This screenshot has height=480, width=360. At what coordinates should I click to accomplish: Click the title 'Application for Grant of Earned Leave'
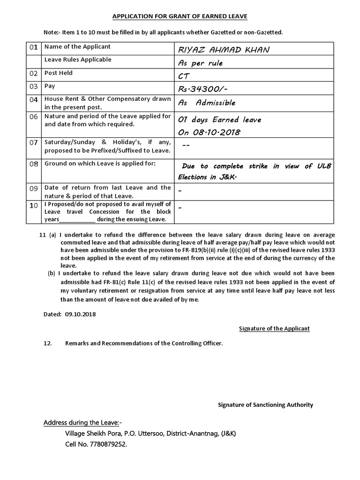(180, 16)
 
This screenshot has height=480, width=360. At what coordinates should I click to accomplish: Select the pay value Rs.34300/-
(205, 89)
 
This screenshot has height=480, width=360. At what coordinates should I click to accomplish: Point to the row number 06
(33, 117)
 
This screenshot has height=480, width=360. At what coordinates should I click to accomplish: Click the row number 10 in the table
(33, 206)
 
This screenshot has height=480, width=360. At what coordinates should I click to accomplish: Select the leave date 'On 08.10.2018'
(209, 132)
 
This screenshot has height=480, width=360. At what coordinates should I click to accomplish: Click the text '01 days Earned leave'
(219, 120)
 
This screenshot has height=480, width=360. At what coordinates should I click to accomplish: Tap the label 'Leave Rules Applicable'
(78, 60)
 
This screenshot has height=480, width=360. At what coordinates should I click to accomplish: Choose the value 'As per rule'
(200, 63)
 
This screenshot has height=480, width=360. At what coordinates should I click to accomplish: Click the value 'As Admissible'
(207, 103)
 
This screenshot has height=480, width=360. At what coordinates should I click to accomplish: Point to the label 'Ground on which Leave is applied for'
(99, 164)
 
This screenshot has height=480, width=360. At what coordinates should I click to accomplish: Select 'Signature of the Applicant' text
(274, 329)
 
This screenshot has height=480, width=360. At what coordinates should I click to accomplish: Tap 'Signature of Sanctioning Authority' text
(266, 405)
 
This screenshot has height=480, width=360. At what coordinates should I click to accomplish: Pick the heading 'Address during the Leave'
(82, 422)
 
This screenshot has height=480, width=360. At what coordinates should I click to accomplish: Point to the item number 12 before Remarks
(47, 343)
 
